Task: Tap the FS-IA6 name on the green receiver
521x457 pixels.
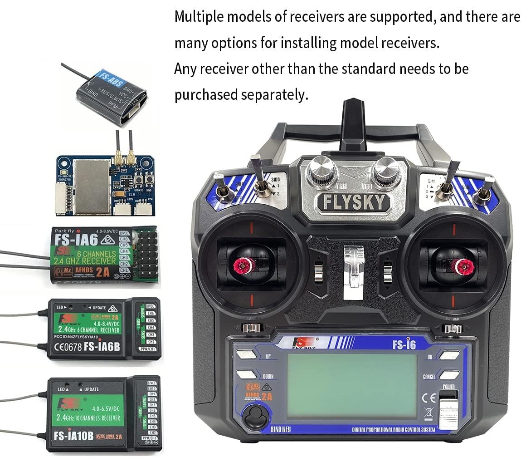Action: coord(75,239)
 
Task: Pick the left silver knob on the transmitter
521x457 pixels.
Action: coord(321,172)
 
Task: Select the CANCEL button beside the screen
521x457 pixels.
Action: coord(449,375)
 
